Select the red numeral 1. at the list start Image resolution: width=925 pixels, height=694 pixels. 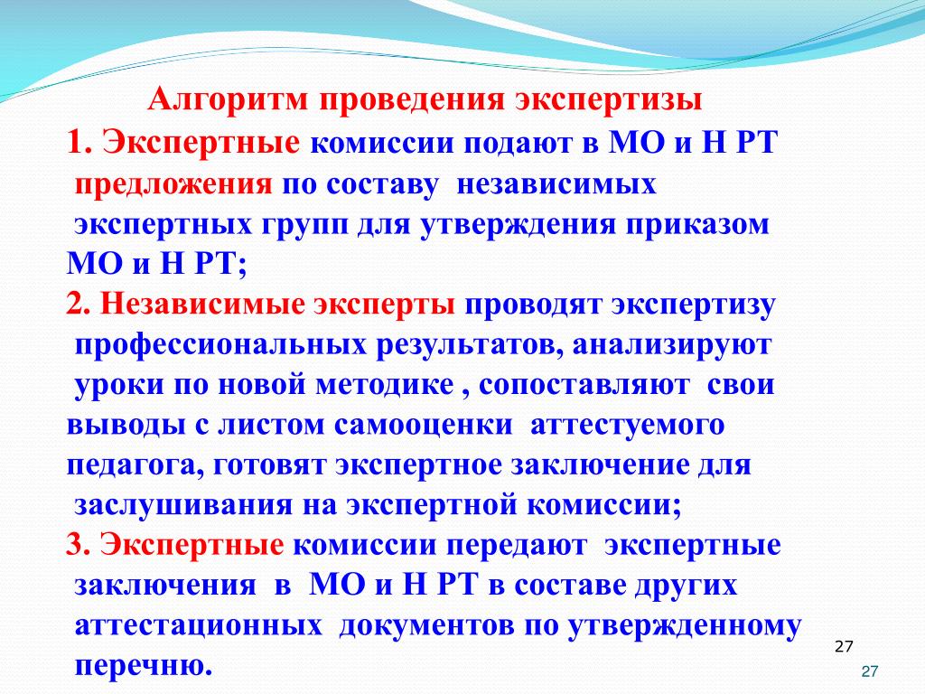coord(79,142)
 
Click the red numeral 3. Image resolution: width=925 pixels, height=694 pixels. coord(78,544)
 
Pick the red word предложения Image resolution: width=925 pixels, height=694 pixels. coord(173,185)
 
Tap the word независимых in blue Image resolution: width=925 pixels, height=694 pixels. coord(556,184)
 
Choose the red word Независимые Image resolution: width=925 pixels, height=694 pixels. coord(203,305)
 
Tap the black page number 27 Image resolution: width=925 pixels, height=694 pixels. coord(845,647)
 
